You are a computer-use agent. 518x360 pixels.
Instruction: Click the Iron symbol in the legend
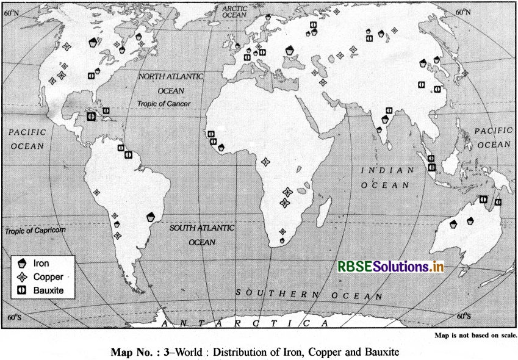point(23,264)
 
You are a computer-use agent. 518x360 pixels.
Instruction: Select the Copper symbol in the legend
point(23,276)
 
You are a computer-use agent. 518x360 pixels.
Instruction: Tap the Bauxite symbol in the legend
point(23,290)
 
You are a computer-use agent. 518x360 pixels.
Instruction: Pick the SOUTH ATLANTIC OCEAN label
point(201,234)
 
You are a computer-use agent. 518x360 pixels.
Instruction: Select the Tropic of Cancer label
point(164,104)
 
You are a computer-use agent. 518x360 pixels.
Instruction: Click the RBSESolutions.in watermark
point(390,266)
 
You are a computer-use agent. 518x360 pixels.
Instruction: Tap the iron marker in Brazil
point(151,216)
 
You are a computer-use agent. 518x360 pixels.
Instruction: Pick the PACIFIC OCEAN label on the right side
point(494,137)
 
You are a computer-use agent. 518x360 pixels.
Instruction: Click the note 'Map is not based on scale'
point(475,336)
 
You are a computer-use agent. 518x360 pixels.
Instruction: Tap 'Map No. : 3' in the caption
point(131,351)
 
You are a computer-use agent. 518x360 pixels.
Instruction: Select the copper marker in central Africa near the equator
point(265,162)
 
